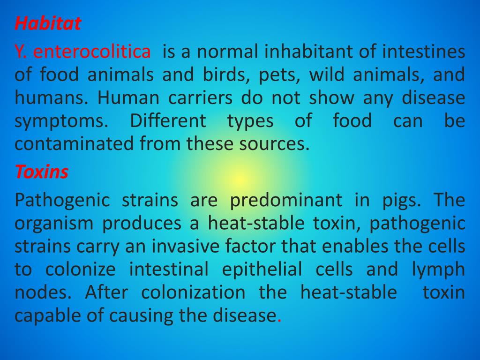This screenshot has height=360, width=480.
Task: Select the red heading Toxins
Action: coord(41,172)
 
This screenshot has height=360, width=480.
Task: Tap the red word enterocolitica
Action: coord(92,52)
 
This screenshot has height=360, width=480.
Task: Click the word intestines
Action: coord(423,52)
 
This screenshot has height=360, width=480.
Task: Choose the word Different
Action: coord(167,120)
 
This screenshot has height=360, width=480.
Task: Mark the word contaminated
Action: coord(75,143)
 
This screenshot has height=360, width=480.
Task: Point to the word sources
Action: coord(278,143)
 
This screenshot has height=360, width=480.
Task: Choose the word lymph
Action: coord(438,270)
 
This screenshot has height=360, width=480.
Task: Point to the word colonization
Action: coord(193,292)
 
